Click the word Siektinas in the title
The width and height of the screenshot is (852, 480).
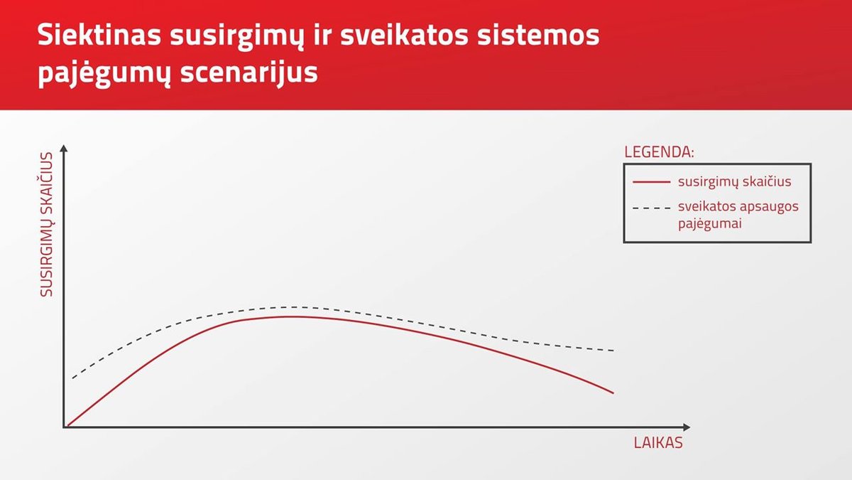pyautogui.click(x=99, y=35)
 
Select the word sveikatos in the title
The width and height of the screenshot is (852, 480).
pyautogui.click(x=404, y=35)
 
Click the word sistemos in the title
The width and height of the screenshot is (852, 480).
pyautogui.click(x=538, y=35)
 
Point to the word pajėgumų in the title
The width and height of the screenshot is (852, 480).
pyautogui.click(x=104, y=73)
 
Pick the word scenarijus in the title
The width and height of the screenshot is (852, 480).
pyautogui.click(x=249, y=72)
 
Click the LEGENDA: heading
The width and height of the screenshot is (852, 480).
pyautogui.click(x=659, y=152)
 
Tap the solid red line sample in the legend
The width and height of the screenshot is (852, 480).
pyautogui.click(x=651, y=182)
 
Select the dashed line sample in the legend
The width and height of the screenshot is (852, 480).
pyautogui.click(x=651, y=208)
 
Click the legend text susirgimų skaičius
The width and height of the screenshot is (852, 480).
pyautogui.click(x=734, y=182)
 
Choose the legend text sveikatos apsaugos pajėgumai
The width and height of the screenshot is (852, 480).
pyautogui.click(x=738, y=215)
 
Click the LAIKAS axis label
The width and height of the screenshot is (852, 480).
pyautogui.click(x=658, y=442)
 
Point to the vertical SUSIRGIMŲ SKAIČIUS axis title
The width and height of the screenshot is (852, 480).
pyautogui.click(x=46, y=225)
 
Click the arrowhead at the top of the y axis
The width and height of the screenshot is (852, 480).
pyautogui.click(x=64, y=148)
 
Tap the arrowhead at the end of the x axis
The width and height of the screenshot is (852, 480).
pyautogui.click(x=687, y=427)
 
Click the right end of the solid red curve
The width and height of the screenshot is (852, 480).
pyautogui.click(x=613, y=393)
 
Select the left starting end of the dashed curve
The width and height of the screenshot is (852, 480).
pyautogui.click(x=72, y=378)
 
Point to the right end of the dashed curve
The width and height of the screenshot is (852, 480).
pyautogui.click(x=614, y=351)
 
